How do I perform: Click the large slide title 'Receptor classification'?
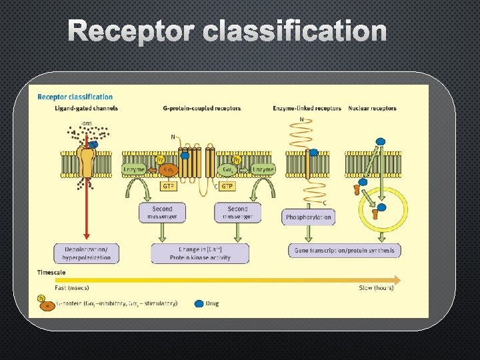tap(227, 31)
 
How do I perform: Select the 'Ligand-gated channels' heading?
tap(78, 108)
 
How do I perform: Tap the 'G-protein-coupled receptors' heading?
tap(202, 108)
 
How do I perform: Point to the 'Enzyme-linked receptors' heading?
tap(307, 108)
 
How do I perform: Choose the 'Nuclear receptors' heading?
tap(372, 108)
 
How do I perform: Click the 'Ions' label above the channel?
tap(87, 123)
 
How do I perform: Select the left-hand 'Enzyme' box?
tap(134, 170)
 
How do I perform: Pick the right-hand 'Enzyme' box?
tap(263, 170)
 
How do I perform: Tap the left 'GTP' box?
tap(169, 187)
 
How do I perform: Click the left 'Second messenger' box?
tap(161, 213)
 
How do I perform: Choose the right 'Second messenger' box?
tap(237, 213)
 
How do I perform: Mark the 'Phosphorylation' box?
tap(309, 217)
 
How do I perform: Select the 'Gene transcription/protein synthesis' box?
tap(345, 251)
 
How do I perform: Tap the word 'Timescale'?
tap(52, 272)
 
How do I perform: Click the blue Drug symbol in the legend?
tap(199, 303)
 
